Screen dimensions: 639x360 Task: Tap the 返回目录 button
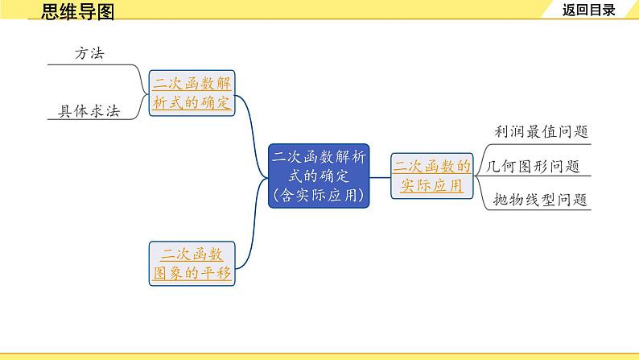pyautogui.click(x=589, y=10)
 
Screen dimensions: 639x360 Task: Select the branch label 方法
pyautogui.click(x=89, y=53)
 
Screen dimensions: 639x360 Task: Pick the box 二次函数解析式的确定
pyautogui.click(x=192, y=93)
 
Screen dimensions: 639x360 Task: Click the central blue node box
pyautogui.click(x=319, y=175)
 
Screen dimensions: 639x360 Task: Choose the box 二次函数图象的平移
pyautogui.click(x=192, y=263)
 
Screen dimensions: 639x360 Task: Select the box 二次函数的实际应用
pyautogui.click(x=432, y=176)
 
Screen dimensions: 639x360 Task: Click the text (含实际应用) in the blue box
pyautogui.click(x=319, y=194)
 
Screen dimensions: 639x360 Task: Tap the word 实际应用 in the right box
pyautogui.click(x=432, y=185)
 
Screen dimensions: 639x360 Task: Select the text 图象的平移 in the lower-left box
pyautogui.click(x=192, y=273)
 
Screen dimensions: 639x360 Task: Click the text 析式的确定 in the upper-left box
pyautogui.click(x=192, y=102)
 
